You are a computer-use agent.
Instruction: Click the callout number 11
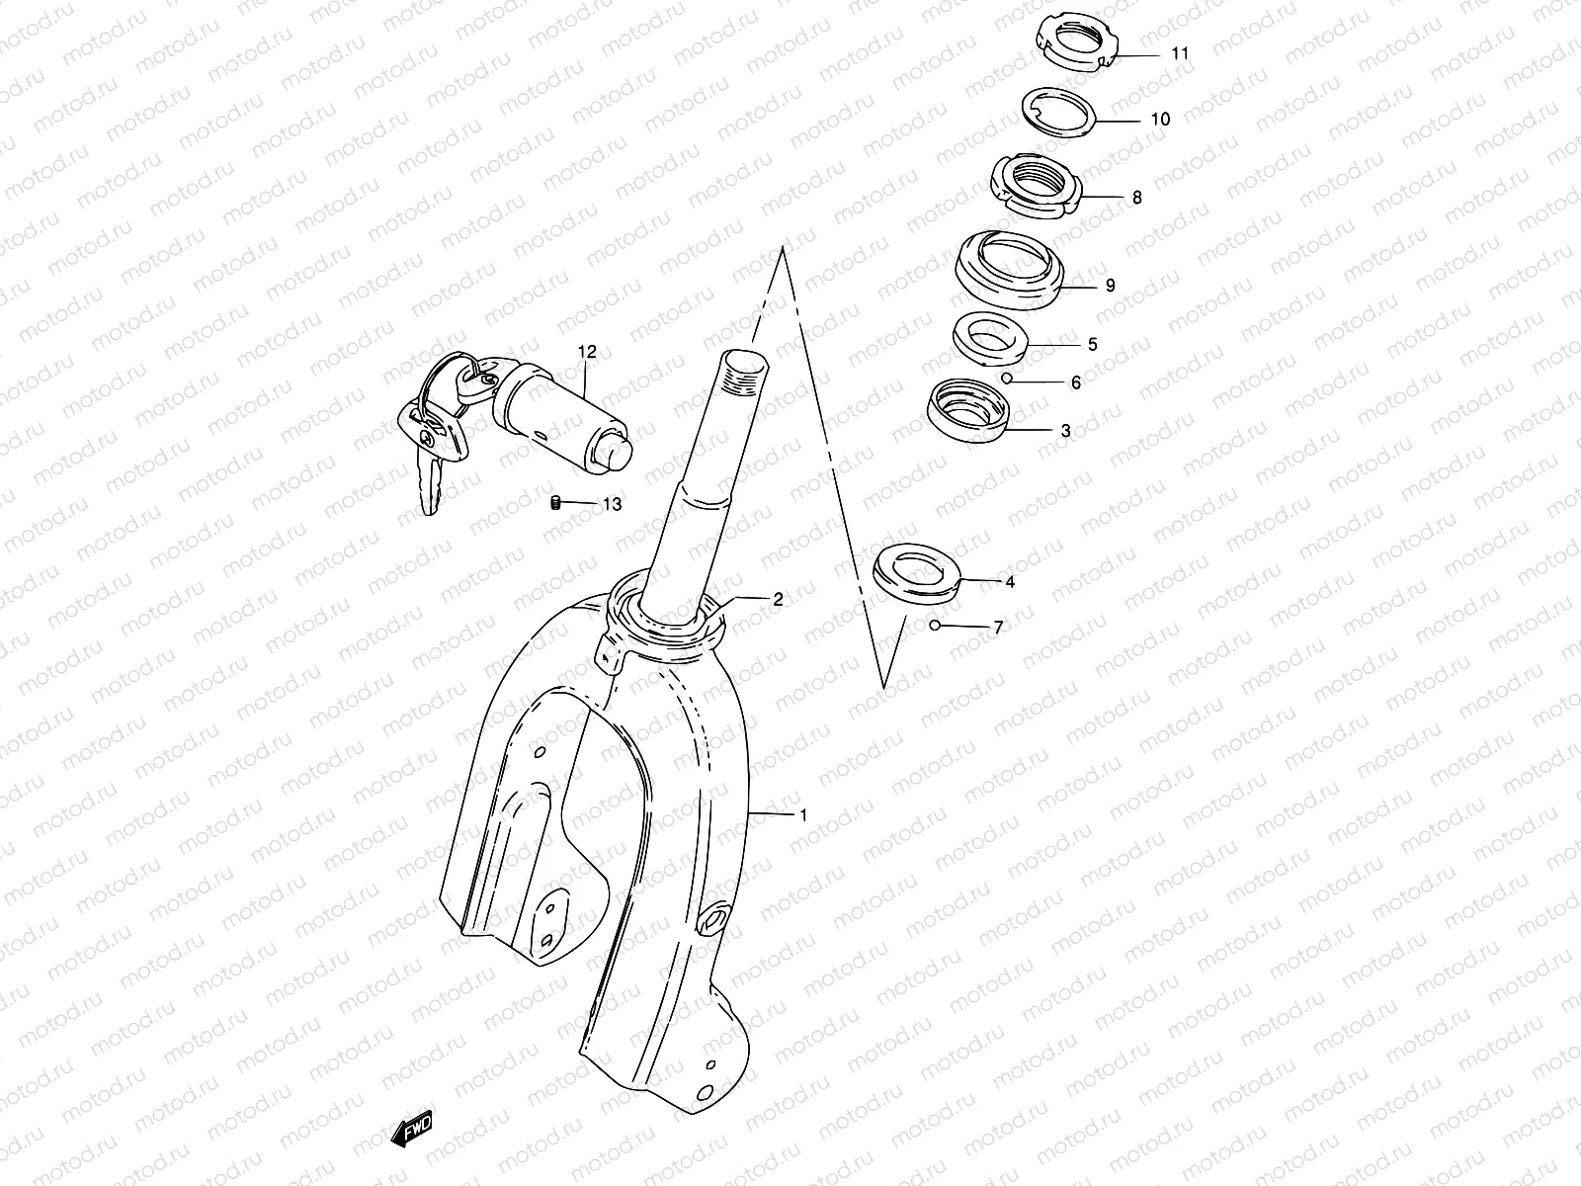(x=1180, y=54)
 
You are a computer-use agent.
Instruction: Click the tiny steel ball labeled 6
(x=1006, y=378)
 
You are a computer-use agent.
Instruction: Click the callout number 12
(x=588, y=351)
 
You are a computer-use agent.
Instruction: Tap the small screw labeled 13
(x=556, y=503)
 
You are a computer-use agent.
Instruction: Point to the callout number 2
(x=778, y=599)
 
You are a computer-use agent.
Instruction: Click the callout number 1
(x=803, y=815)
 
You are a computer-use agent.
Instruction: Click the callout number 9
(x=1110, y=286)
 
